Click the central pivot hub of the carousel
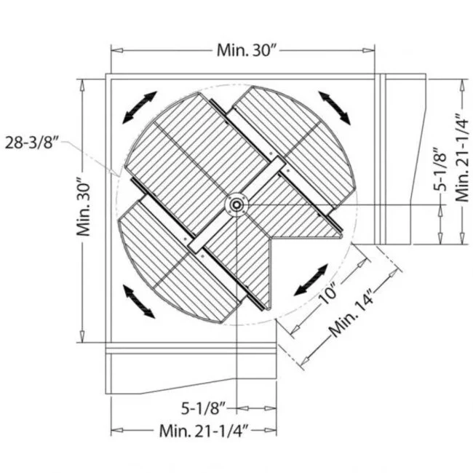click(x=236, y=205)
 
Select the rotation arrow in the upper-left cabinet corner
click(x=140, y=107)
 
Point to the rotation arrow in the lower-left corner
click(x=140, y=302)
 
